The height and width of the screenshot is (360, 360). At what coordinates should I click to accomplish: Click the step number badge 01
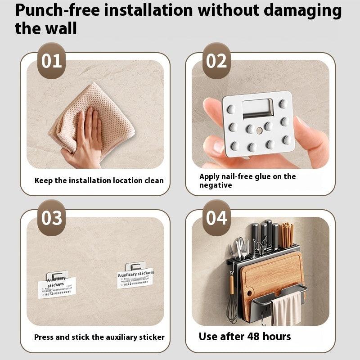coord(51,61)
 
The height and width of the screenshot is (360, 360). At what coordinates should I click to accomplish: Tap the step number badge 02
coord(216,61)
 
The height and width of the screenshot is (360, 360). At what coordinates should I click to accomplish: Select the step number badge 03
coord(51,218)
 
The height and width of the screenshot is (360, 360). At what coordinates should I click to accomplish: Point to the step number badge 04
coord(216,218)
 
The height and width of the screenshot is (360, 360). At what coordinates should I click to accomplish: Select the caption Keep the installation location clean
coord(99,180)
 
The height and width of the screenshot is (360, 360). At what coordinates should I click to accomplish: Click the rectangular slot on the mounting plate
coord(257,108)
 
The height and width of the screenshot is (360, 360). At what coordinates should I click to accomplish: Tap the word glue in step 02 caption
coord(265,176)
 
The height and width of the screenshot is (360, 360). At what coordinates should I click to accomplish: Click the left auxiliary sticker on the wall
coord(57,284)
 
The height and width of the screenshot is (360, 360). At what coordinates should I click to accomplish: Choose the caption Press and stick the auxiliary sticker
coord(99,337)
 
